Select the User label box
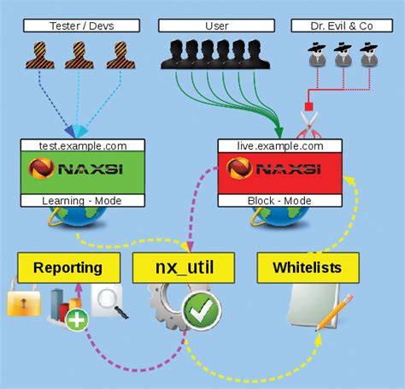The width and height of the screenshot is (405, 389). coord(215,27)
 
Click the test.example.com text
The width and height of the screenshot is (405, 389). coord(74,145)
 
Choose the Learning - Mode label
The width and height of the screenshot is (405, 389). coord(74,200)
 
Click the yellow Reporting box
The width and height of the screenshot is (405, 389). coord(67,268)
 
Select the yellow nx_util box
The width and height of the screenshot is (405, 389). coord(185,268)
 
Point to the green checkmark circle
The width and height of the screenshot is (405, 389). coord(202,311)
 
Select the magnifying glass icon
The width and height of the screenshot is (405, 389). coord(110,302)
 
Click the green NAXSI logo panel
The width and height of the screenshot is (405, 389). coord(74,173)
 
